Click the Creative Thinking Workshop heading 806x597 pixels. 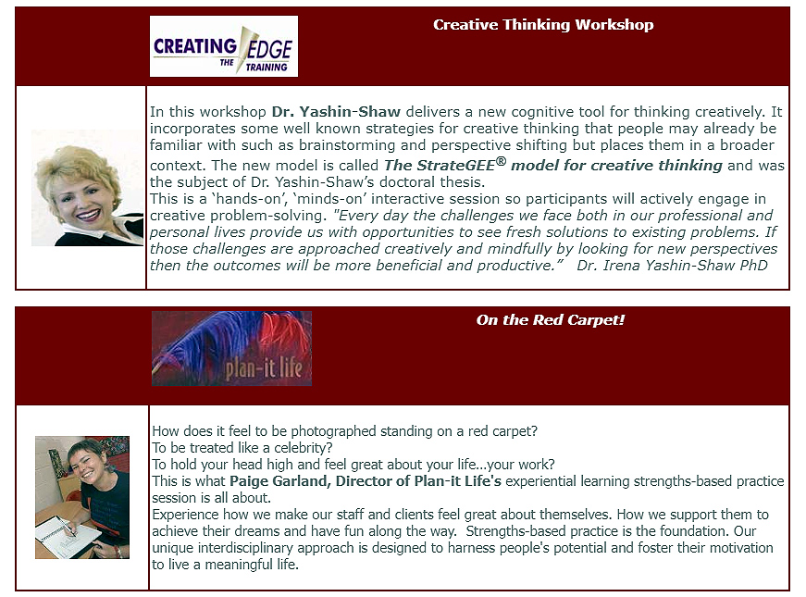(543, 25)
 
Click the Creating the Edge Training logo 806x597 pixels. (224, 46)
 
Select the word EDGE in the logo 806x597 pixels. (269, 50)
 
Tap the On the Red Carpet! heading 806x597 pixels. (551, 320)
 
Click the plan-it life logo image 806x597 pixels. (232, 349)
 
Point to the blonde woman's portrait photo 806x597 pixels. (87, 188)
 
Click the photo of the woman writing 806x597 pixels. (82, 497)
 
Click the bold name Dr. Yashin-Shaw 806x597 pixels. (336, 112)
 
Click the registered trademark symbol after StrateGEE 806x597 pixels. (501, 161)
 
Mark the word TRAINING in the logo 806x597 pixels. (267, 68)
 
